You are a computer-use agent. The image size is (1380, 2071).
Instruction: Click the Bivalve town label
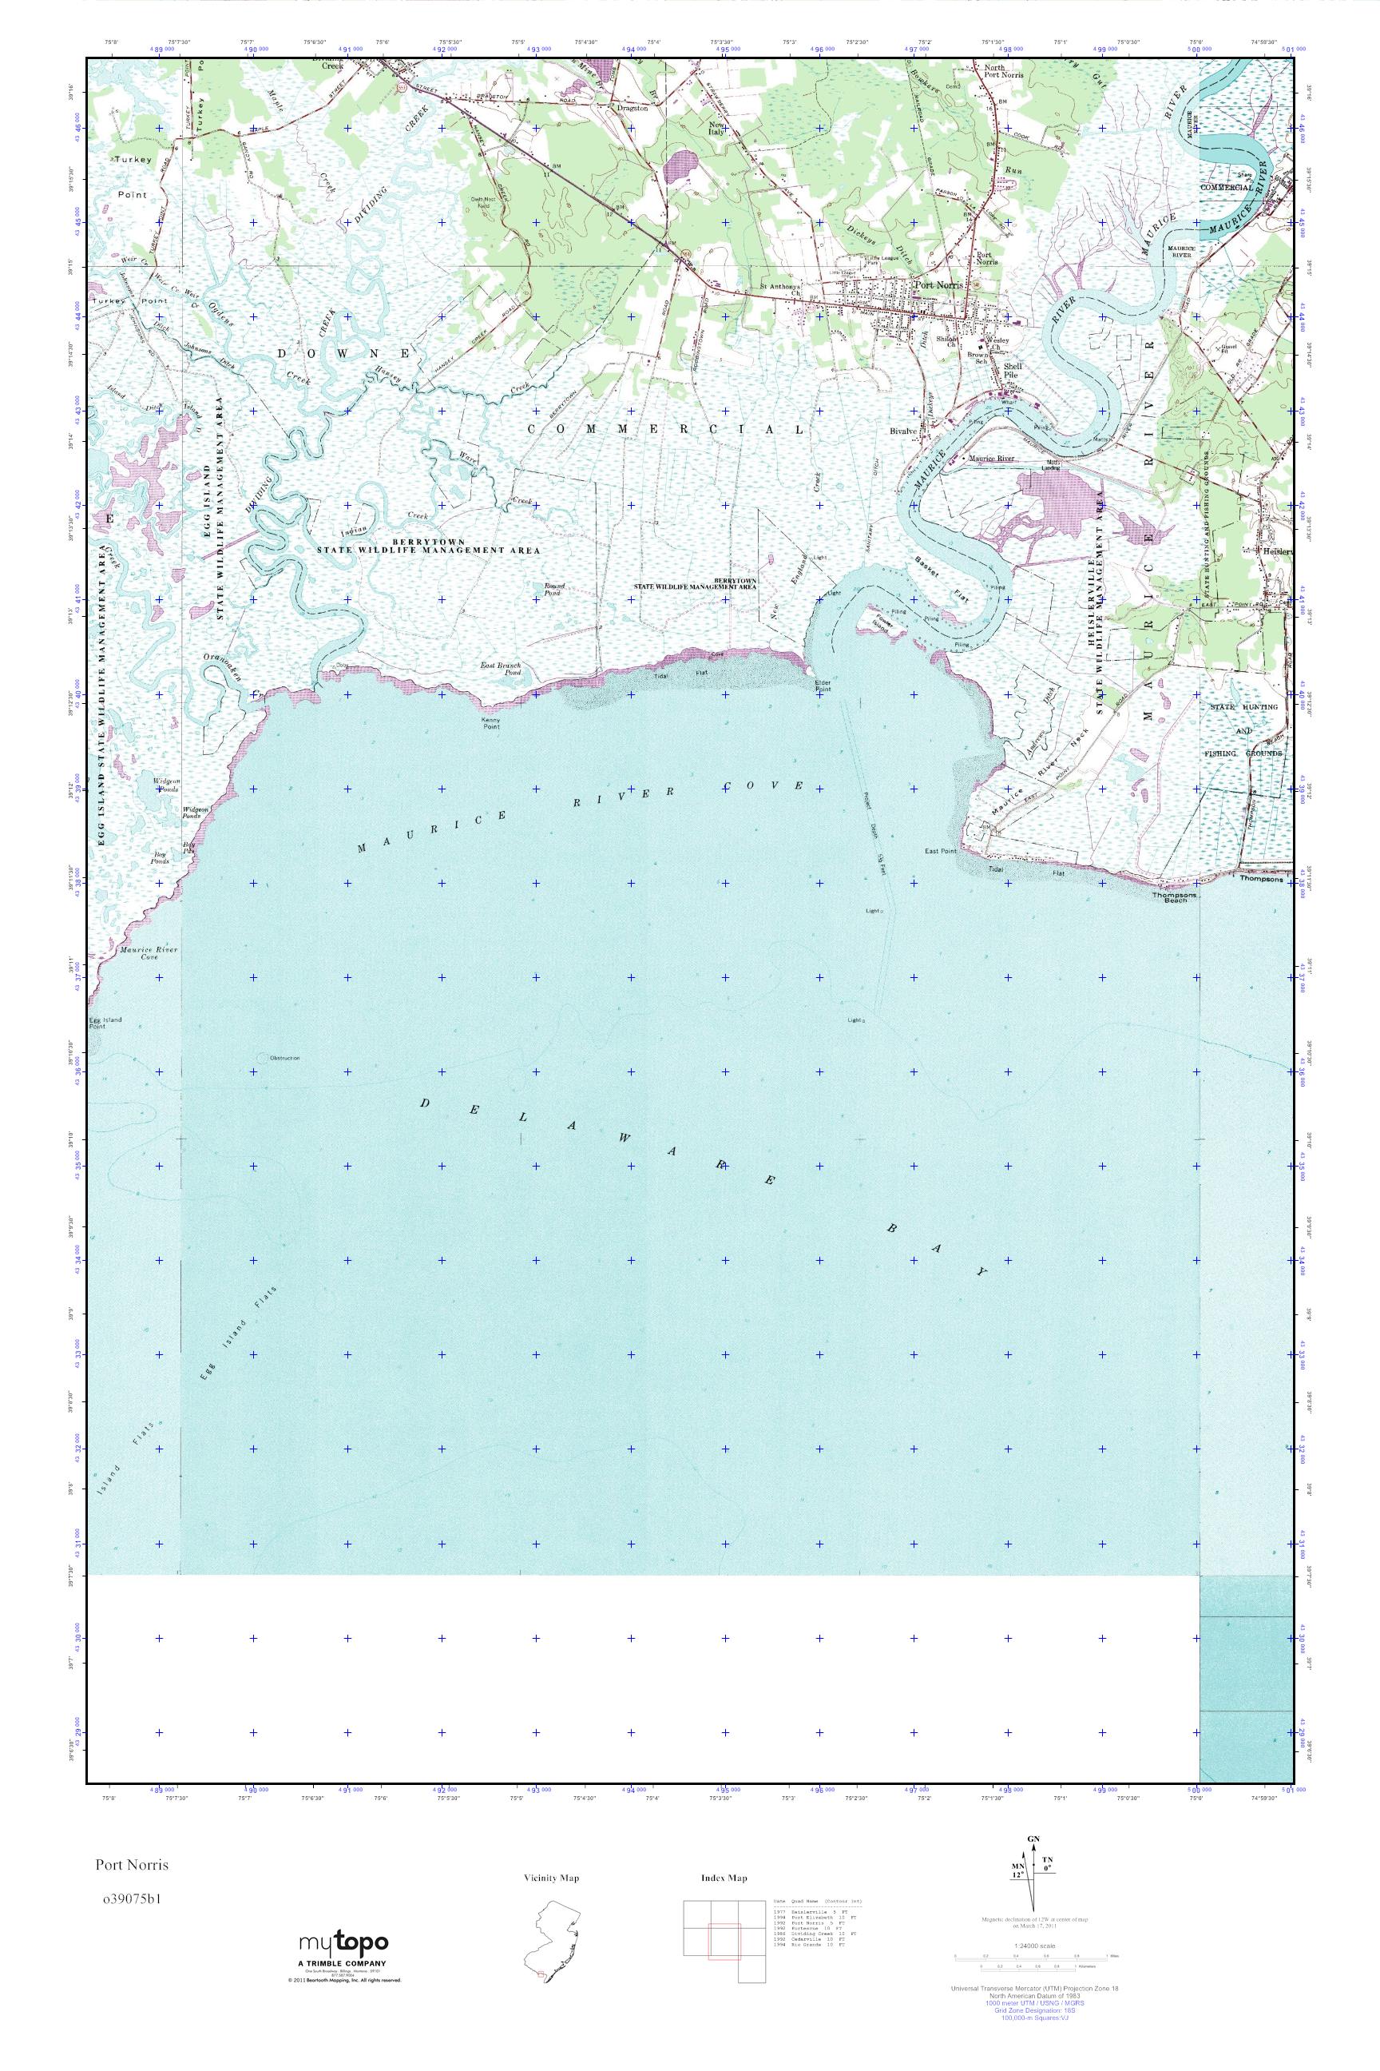tap(903, 431)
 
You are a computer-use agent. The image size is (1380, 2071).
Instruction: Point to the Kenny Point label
tap(490, 723)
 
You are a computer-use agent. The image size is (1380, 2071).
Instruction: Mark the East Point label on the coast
tap(940, 852)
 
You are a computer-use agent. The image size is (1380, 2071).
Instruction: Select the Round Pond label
tap(553, 588)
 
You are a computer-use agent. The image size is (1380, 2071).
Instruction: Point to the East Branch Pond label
tap(500, 668)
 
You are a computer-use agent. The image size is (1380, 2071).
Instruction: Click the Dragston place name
tap(632, 109)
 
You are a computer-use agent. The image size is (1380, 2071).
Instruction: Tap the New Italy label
tap(717, 129)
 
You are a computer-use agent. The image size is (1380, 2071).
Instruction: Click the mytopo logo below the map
tap(343, 1942)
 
